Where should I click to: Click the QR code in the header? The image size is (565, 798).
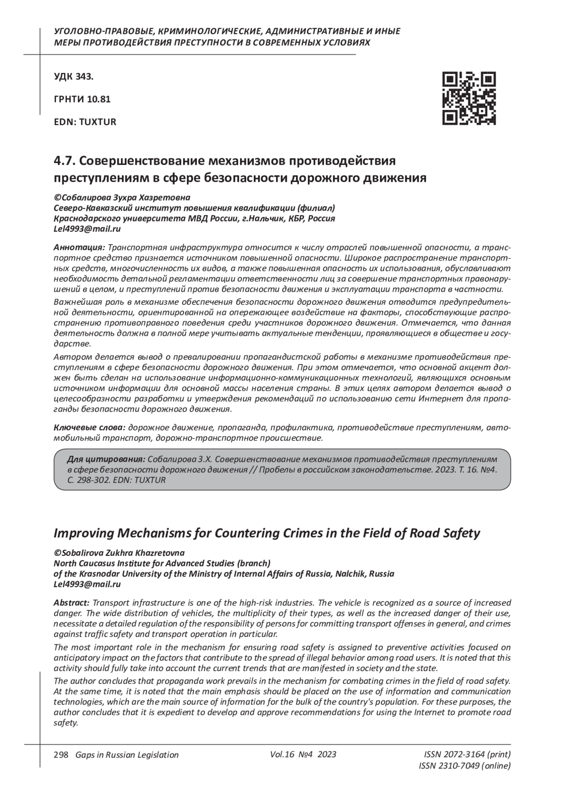pos(468,98)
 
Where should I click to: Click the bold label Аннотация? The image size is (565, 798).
pos(79,247)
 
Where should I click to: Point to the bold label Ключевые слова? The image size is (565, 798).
pos(89,428)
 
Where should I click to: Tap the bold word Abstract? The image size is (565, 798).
pos(72,603)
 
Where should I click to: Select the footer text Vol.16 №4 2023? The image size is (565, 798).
pos(303,754)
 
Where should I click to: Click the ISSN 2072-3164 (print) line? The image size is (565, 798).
pos(467,755)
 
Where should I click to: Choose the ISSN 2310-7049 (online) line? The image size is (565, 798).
pos(464,766)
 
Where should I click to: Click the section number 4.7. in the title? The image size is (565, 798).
pos(65,161)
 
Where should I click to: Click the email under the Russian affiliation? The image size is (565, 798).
pos(88,229)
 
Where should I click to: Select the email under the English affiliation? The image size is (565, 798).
pos(88,584)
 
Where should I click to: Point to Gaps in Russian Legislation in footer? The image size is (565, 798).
pos(124,755)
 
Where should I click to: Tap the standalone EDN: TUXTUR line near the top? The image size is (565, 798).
pos(85,122)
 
